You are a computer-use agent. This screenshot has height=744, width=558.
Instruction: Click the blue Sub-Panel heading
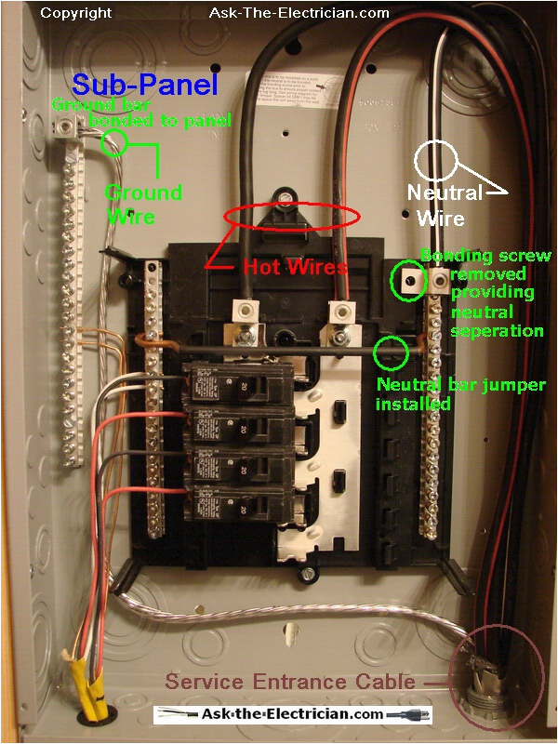[x=144, y=86]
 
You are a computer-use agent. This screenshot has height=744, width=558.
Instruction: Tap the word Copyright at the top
[x=76, y=13]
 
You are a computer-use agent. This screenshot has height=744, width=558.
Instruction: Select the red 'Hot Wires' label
[x=295, y=267]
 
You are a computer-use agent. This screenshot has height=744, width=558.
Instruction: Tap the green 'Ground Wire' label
[x=142, y=203]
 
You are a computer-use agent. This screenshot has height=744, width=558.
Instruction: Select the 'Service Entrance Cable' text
[x=290, y=682]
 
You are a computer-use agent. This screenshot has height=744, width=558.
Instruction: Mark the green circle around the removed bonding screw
[x=406, y=279]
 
